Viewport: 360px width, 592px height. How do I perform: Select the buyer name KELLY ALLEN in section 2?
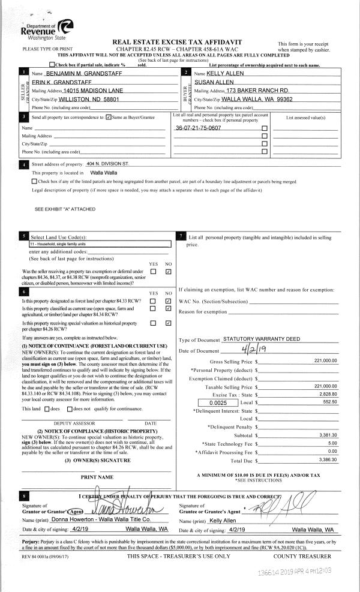click(223, 72)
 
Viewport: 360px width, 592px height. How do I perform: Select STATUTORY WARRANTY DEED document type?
click(260, 339)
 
